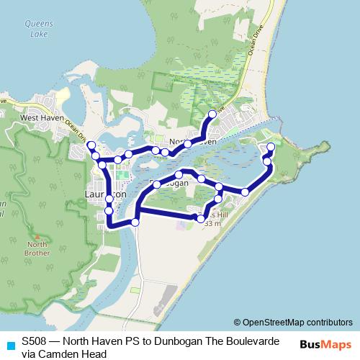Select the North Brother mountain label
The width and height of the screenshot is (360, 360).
[37, 248]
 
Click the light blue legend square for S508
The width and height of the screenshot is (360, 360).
[10, 346]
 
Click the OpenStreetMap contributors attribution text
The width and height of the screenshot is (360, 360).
[293, 322]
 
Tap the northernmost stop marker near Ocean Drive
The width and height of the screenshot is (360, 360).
[212, 115]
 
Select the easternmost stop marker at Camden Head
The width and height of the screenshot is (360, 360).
[271, 148]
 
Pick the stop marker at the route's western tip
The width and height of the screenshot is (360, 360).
[91, 146]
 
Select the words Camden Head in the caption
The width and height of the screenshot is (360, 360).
[71, 354]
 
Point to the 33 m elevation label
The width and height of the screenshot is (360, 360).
[212, 224]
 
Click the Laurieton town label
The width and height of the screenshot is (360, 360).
[105, 194]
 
